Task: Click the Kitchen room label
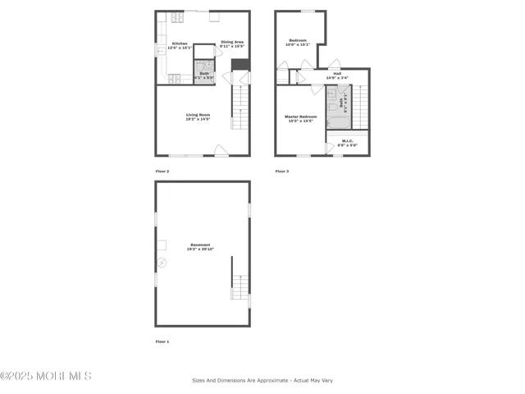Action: [178, 44]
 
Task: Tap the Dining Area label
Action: [232, 43]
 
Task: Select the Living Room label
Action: [198, 117]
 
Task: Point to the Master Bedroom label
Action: [300, 118]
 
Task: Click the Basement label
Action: [200, 245]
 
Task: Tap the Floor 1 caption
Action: [162, 341]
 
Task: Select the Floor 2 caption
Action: [162, 171]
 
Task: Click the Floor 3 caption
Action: [281, 171]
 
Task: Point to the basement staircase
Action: [240, 287]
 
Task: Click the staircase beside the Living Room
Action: [239, 108]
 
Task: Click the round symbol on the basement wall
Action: [162, 263]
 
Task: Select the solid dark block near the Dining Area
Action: [240, 65]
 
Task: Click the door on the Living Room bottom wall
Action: [221, 151]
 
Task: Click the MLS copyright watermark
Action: [46, 376]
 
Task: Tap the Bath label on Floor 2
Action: [204, 75]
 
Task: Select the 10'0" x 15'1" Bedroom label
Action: [297, 42]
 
